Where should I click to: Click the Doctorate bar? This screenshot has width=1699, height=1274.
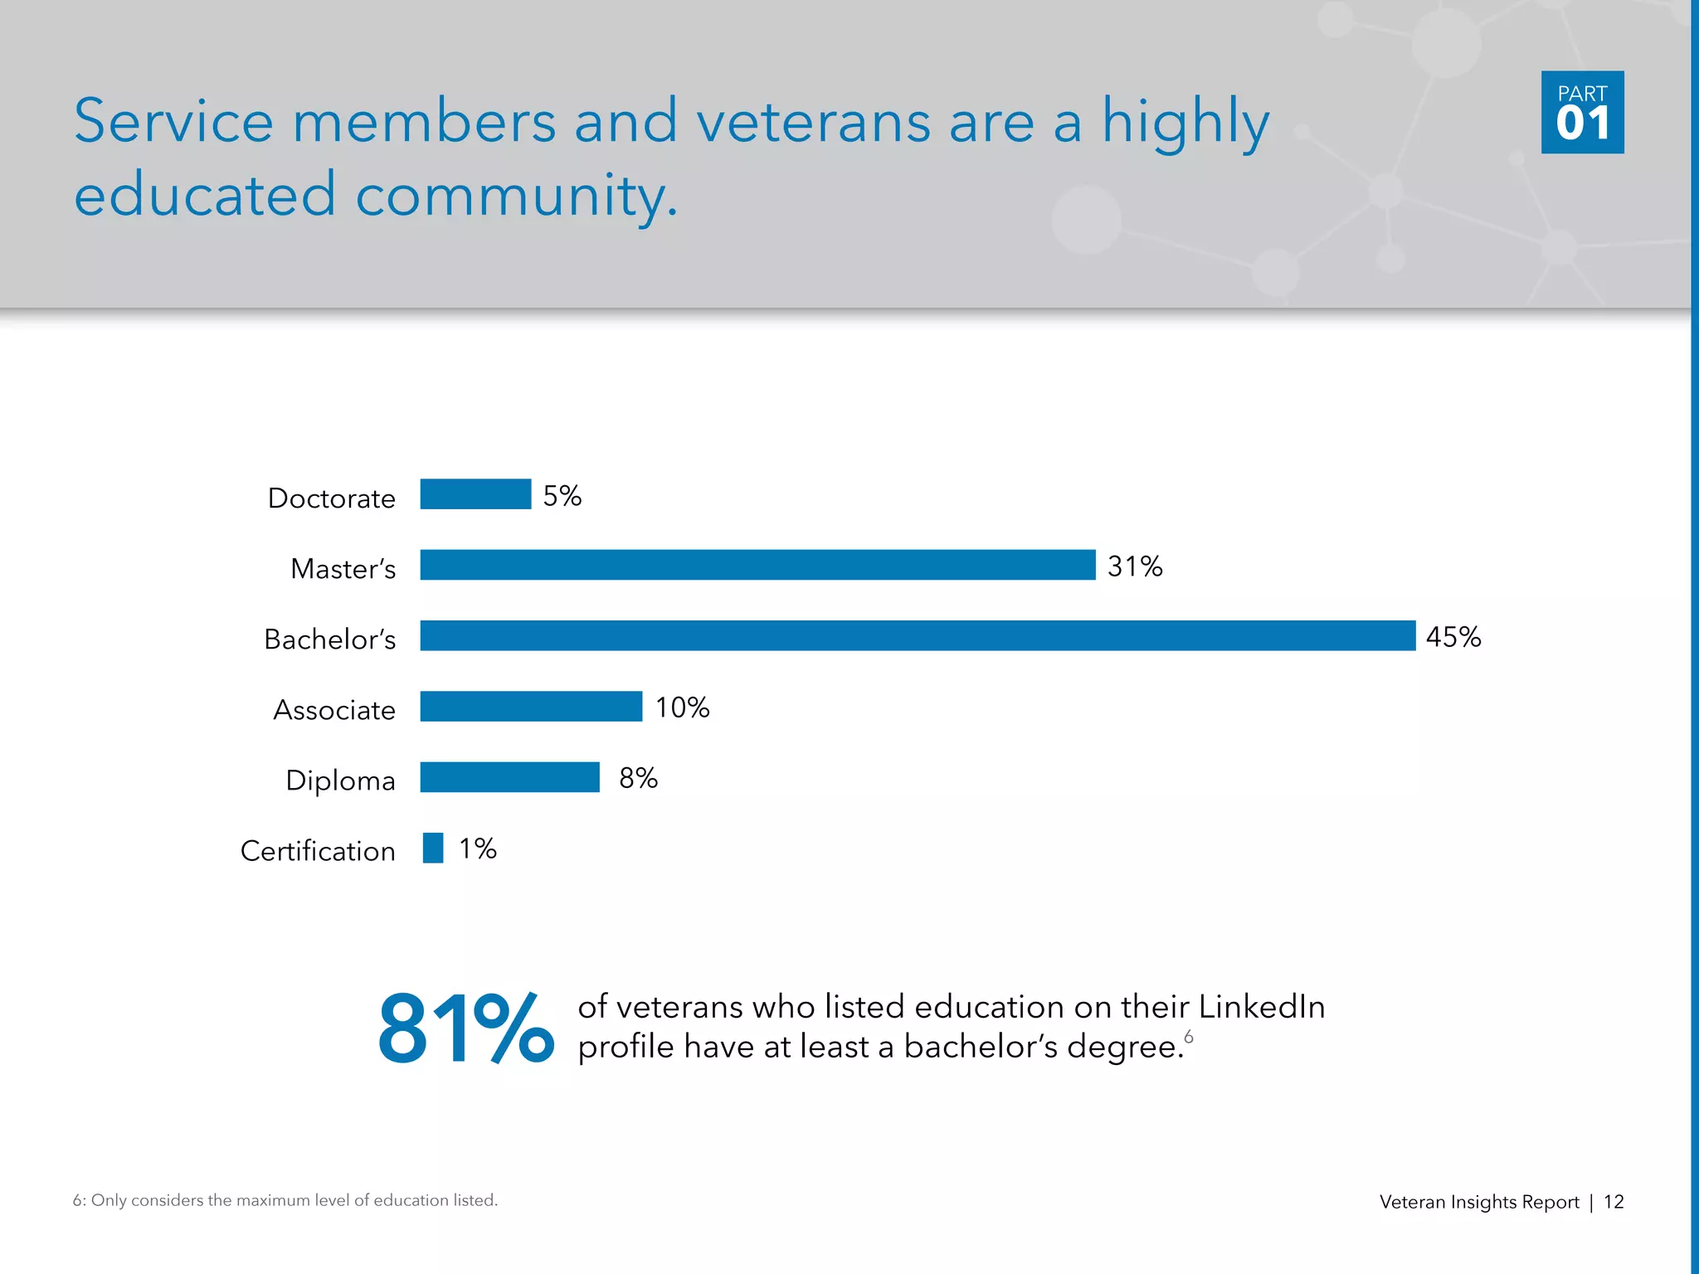475,494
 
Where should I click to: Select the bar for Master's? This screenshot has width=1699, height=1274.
757,565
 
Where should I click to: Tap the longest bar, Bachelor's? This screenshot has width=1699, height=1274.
918,635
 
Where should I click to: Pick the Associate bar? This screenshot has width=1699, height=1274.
531,707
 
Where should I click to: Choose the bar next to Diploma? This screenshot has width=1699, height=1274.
509,777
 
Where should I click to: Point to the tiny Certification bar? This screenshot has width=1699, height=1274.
433,848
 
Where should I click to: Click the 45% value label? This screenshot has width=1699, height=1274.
1453,637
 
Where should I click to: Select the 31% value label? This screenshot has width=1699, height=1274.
1135,566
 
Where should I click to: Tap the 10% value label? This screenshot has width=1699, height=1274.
682,708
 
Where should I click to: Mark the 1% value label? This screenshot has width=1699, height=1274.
478,849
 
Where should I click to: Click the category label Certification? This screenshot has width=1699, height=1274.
318,851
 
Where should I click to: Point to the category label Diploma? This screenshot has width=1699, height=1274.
340,780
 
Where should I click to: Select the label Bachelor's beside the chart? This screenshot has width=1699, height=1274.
329,639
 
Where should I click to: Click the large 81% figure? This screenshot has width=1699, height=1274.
465,1028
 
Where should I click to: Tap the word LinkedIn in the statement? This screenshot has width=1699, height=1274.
1262,1007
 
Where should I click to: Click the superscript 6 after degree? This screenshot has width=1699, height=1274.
1189,1037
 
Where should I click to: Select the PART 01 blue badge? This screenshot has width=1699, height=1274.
1582,112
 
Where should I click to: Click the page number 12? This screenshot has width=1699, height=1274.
1614,1202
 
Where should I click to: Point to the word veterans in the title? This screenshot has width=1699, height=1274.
813,122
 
